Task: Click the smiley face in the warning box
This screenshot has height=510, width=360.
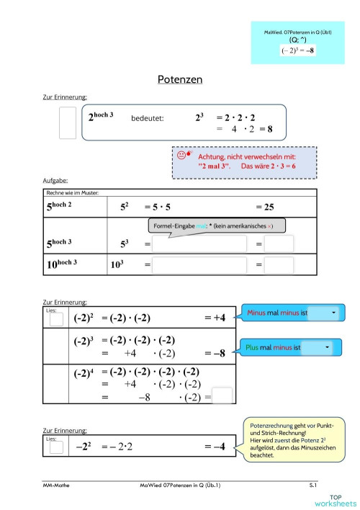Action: (x=180, y=154)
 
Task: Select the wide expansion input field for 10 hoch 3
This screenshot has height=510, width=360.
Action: (x=203, y=266)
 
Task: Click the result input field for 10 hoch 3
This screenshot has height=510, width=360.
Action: (x=279, y=266)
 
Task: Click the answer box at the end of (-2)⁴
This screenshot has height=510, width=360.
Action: (x=222, y=396)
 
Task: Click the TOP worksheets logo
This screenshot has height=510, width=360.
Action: (x=335, y=500)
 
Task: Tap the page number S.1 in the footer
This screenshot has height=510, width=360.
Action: (x=313, y=487)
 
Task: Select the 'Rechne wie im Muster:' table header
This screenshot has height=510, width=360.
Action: (x=72, y=192)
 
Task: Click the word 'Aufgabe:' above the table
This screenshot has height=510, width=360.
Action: (x=55, y=182)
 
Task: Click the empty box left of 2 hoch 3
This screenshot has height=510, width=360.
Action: (x=67, y=122)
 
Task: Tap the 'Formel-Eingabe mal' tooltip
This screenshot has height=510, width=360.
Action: (x=216, y=226)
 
